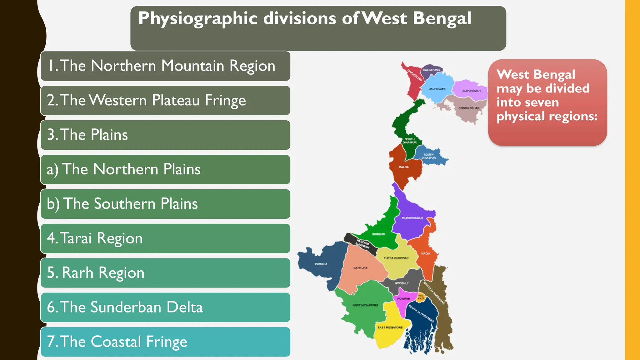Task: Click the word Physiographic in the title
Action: [198, 19]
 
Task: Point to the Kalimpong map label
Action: [431, 70]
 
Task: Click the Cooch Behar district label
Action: [469, 108]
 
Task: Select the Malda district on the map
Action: [403, 169]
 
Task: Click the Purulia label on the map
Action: [321, 264]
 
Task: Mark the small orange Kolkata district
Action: [421, 297]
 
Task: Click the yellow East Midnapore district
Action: [390, 331]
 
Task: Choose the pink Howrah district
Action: [403, 299]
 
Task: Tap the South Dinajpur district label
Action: [428, 156]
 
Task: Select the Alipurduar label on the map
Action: [471, 91]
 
